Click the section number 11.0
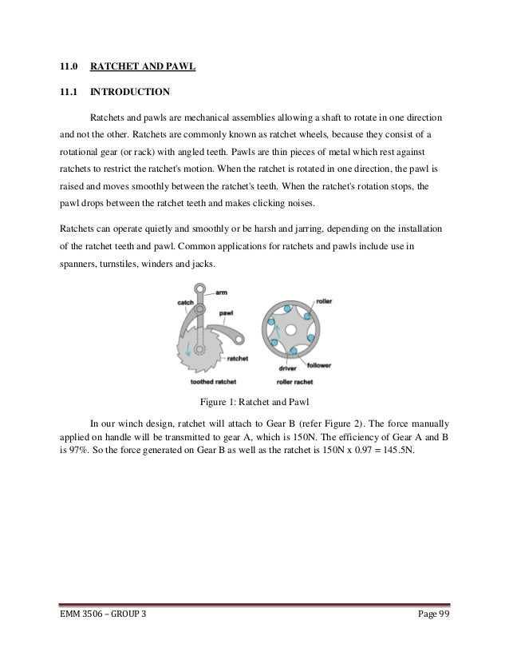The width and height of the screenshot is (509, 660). pyautogui.click(x=69, y=65)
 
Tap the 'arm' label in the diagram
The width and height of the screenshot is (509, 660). pyautogui.click(x=221, y=293)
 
